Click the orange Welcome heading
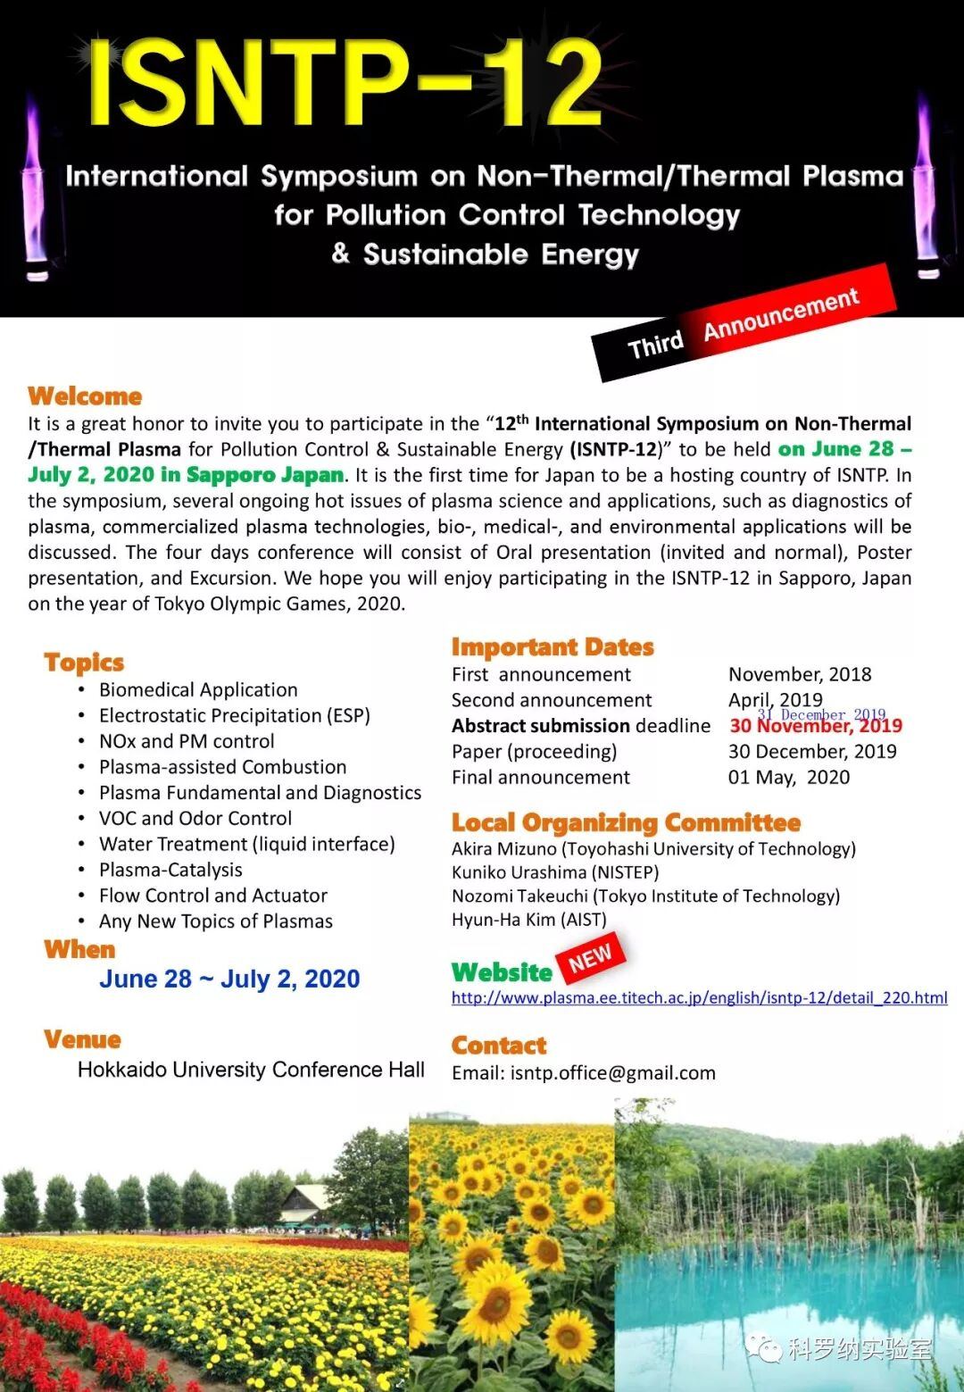[x=85, y=396]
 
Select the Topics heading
[x=84, y=663]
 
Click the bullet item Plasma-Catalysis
[x=170, y=870]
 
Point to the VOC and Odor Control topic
[x=195, y=818]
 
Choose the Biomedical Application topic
[x=198, y=689]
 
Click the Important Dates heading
[x=553, y=646]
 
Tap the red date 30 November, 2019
[x=816, y=727]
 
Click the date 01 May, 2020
[x=789, y=777]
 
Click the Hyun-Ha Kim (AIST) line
[x=528, y=919]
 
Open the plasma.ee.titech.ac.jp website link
[x=699, y=997]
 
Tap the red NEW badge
[x=590, y=958]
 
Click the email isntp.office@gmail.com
[x=612, y=1072]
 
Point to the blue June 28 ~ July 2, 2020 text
[x=229, y=979]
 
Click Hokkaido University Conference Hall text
[x=251, y=1070]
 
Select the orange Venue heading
[x=82, y=1039]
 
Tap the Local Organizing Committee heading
[x=626, y=822]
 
